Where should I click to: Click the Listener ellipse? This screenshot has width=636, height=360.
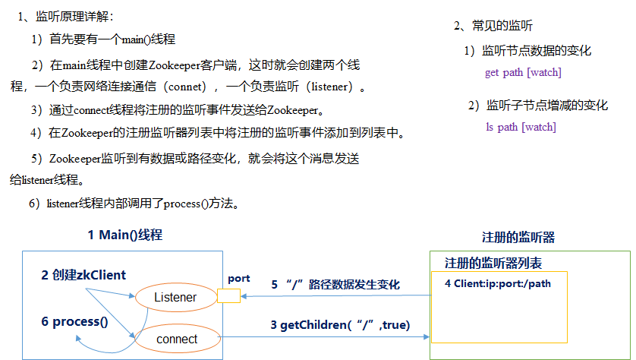(175, 297)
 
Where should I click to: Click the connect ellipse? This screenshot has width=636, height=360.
(176, 339)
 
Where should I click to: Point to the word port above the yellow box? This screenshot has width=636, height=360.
(238, 279)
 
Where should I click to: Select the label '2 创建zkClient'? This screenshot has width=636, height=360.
(83, 275)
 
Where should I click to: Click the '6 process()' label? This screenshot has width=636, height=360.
(75, 321)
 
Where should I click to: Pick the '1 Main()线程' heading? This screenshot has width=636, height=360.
(124, 235)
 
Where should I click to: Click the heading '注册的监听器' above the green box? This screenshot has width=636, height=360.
(518, 237)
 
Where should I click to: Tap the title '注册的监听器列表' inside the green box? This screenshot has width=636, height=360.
(493, 263)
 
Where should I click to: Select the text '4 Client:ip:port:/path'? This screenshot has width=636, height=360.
(497, 283)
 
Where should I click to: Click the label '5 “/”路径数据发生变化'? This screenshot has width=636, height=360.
(335, 285)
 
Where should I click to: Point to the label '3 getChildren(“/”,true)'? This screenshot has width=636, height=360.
(340, 325)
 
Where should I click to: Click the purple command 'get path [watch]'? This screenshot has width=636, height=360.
(523, 73)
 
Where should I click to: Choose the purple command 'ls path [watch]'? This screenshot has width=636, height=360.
(521, 127)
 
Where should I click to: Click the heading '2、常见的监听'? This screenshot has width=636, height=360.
(493, 25)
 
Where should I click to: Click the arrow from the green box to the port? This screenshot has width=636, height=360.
(334, 297)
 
